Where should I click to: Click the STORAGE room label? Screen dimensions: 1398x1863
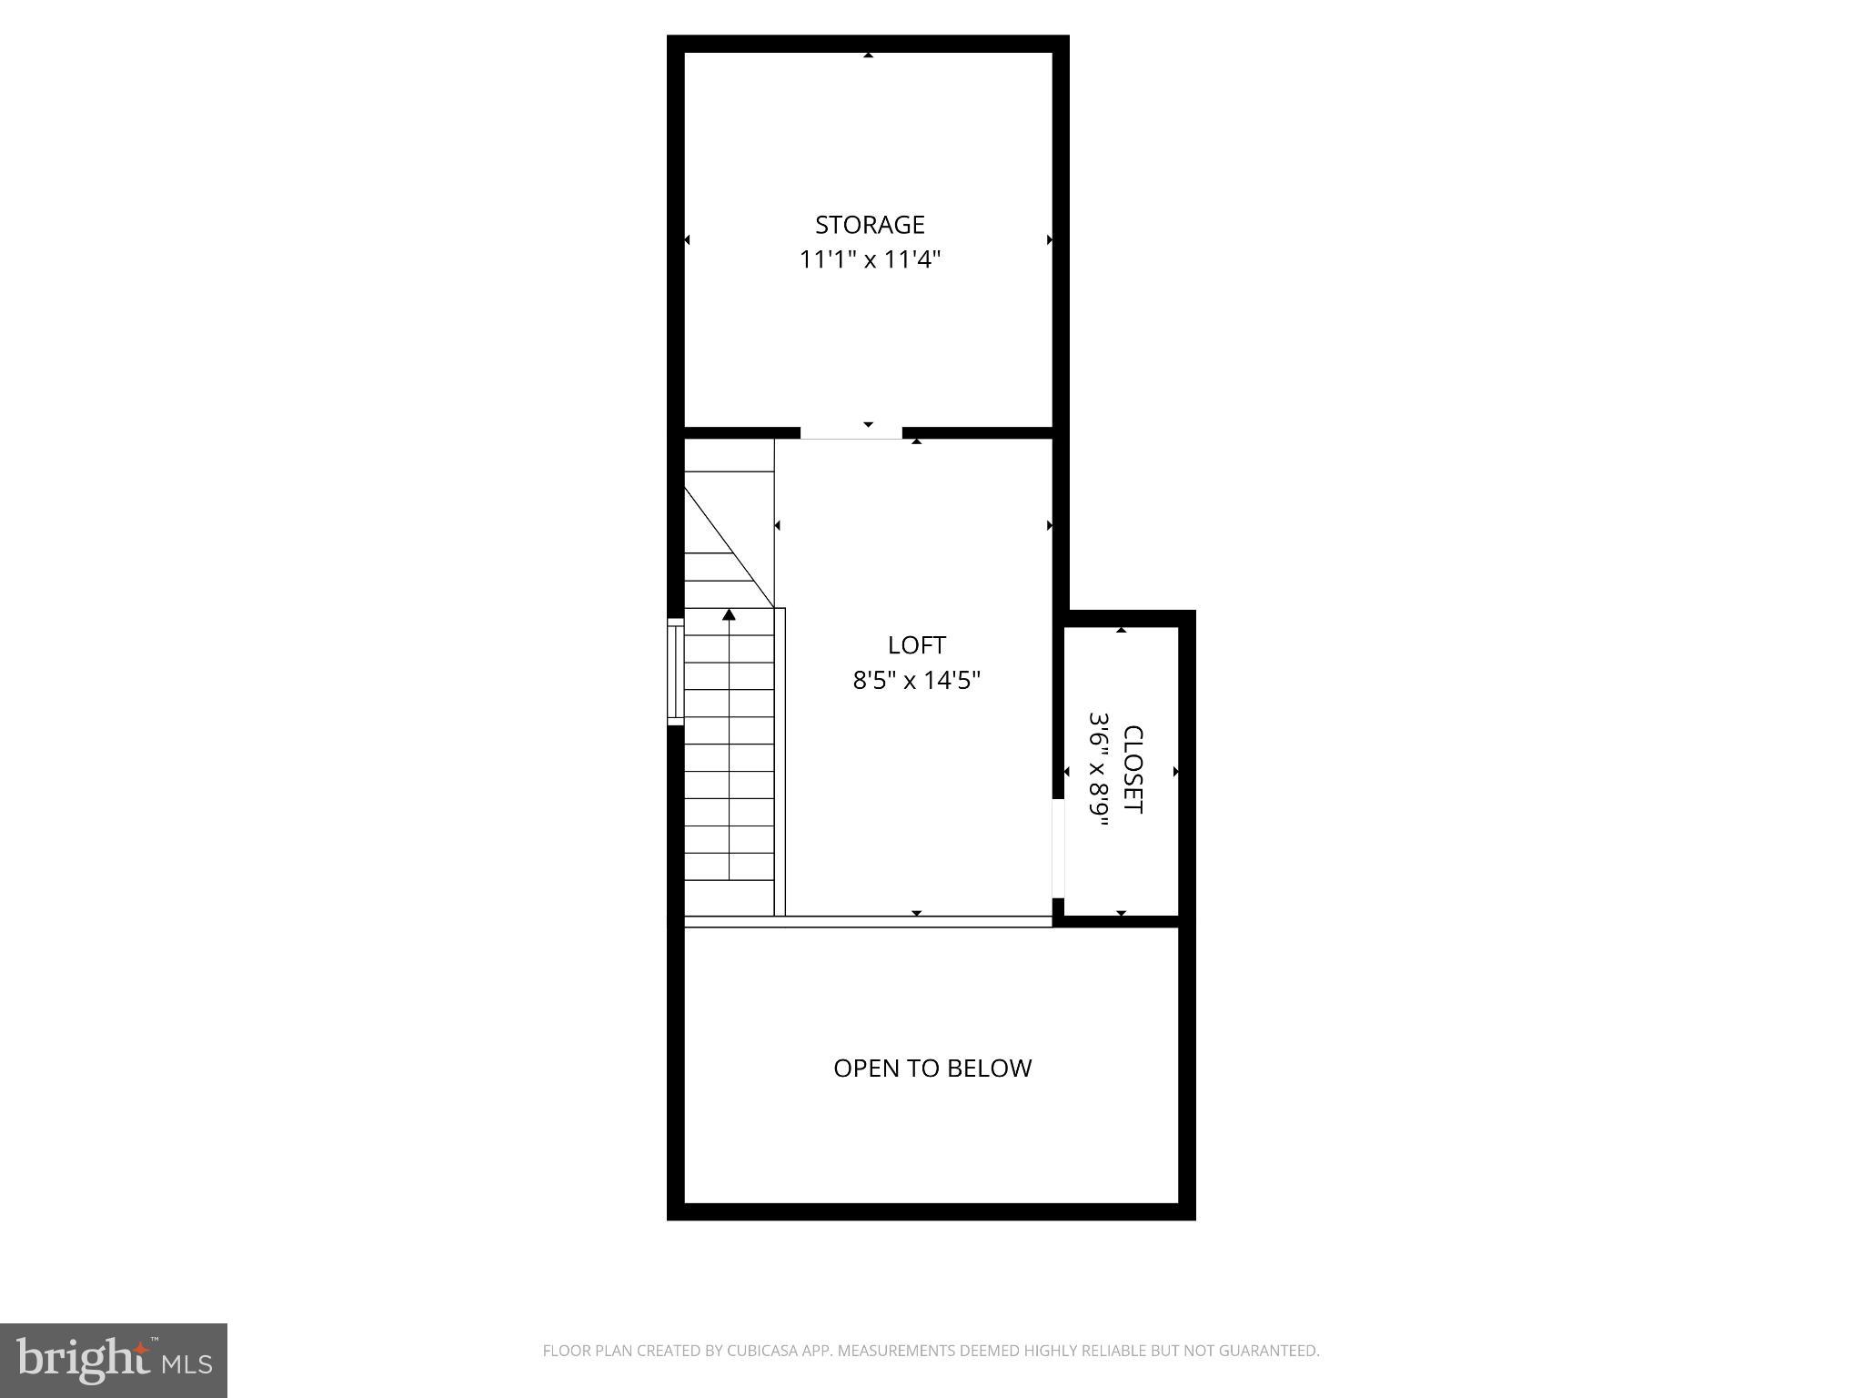coord(870,225)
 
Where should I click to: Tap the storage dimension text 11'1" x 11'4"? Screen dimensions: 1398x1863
coord(870,260)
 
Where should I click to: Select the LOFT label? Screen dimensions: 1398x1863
coord(917,645)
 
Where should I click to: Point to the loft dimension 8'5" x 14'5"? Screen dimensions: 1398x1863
coord(917,680)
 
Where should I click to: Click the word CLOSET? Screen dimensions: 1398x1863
coord(1133,769)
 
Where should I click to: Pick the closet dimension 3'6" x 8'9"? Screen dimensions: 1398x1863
coord(1100,769)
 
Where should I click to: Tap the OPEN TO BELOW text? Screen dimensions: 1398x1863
coord(932,1068)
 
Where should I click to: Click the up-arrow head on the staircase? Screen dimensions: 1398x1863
coord(729,615)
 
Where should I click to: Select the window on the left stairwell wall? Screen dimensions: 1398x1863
coord(676,672)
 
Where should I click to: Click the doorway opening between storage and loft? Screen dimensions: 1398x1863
coord(851,432)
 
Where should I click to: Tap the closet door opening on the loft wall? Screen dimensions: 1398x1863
coord(1058,848)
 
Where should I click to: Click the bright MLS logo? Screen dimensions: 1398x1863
coord(114,1361)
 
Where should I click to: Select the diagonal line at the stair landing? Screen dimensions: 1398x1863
coord(728,546)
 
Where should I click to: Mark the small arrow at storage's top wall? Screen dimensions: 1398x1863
coord(869,56)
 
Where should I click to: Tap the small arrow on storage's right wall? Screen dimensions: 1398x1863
coord(1050,240)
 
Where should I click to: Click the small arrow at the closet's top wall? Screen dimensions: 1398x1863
coord(1122,630)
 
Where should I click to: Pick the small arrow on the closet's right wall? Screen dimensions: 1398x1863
coord(1176,772)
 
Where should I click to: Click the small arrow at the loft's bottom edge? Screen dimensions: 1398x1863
coord(917,913)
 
